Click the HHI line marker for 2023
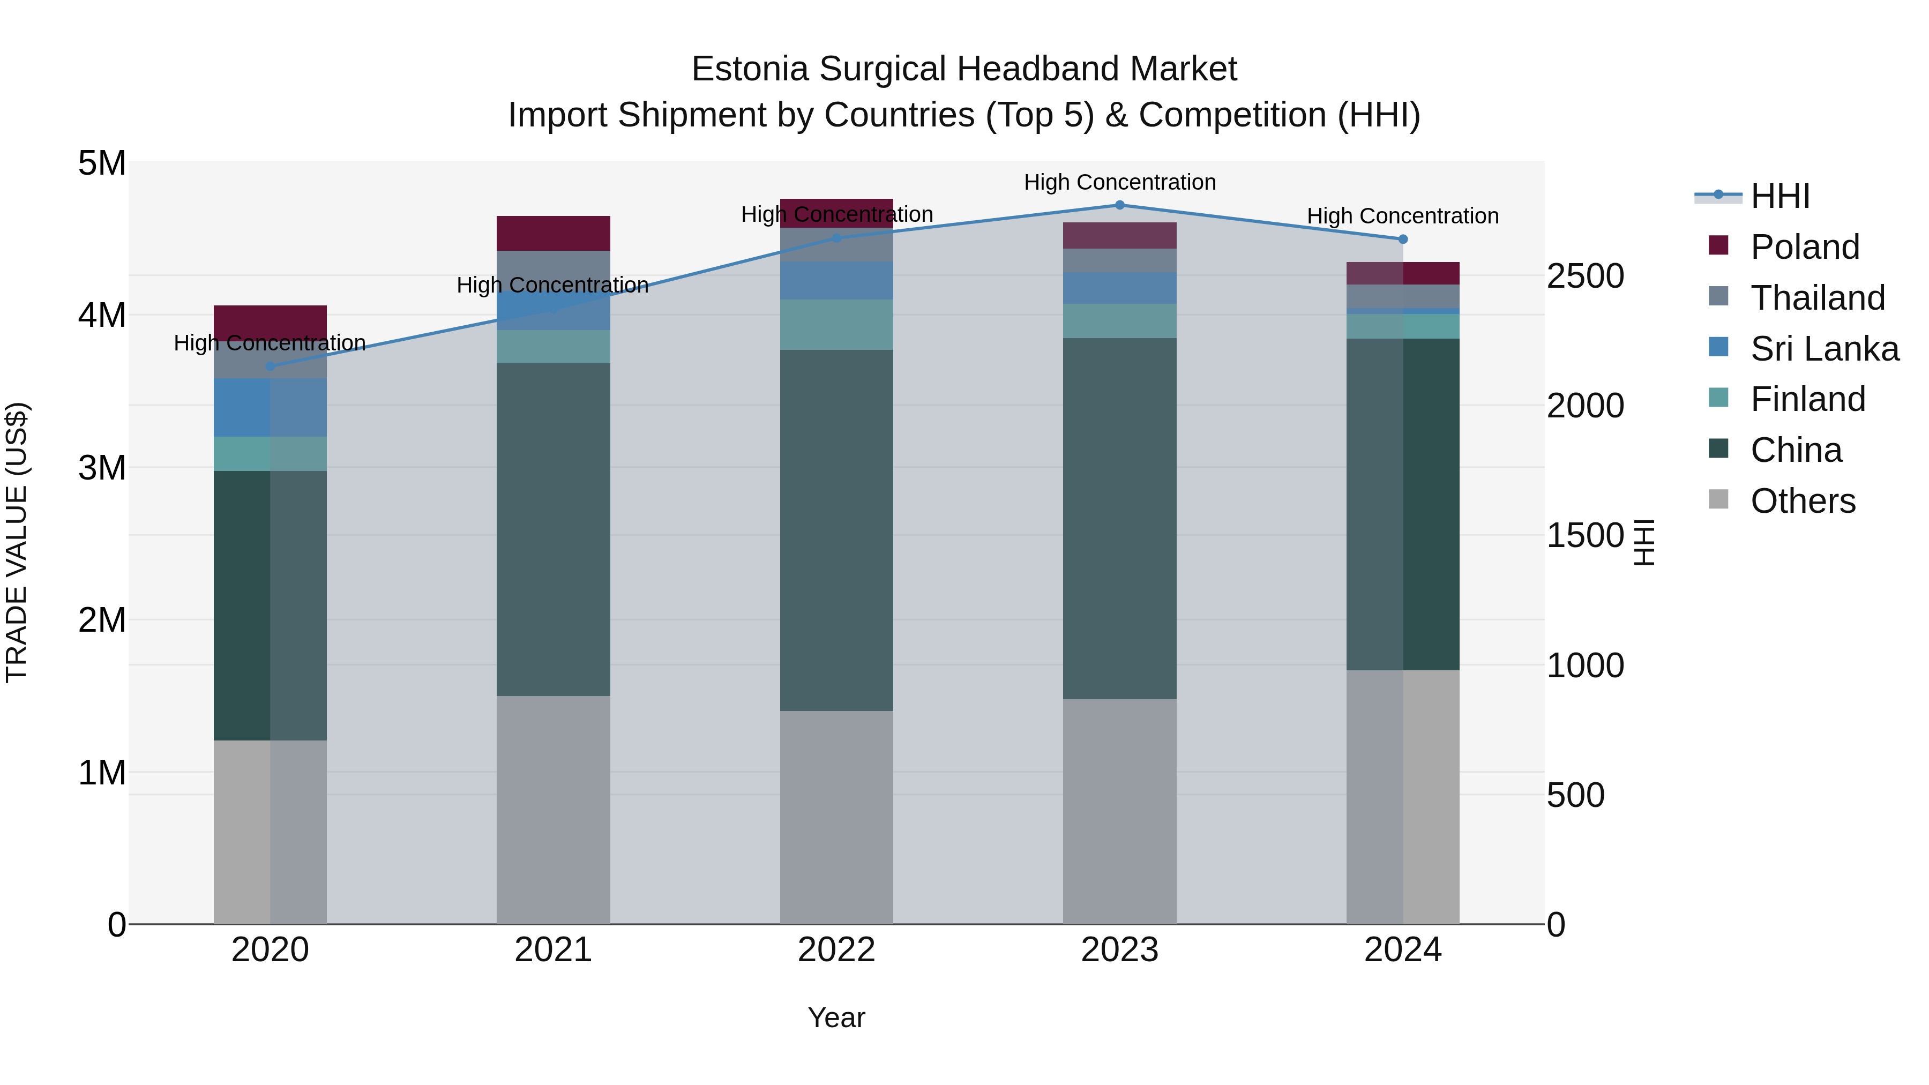1119,205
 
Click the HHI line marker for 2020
271,366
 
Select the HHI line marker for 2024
1403,240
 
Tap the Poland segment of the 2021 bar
554,233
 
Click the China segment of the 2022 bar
836,530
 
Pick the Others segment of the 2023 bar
1119,811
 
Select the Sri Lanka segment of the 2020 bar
271,407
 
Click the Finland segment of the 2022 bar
836,324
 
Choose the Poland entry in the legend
1805,247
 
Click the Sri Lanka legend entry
1824,349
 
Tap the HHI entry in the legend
1780,196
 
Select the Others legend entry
1803,501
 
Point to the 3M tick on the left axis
102,468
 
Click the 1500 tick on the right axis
1584,536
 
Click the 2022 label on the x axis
836,950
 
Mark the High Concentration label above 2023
1119,182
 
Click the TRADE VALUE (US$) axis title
17,543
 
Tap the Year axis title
836,1017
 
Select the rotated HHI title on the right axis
1644,543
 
